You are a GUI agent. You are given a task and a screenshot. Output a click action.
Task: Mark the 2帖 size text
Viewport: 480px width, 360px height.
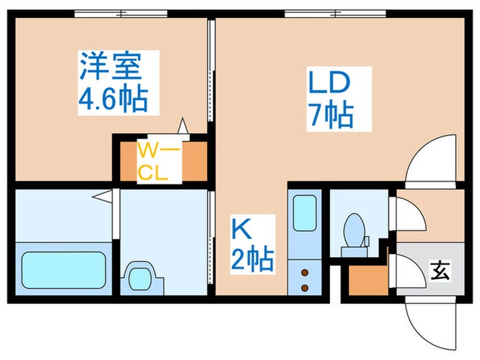(252, 260)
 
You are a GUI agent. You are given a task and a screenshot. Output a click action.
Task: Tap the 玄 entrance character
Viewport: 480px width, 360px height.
(440, 270)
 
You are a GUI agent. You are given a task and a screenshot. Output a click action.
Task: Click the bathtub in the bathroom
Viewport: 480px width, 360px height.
(64, 269)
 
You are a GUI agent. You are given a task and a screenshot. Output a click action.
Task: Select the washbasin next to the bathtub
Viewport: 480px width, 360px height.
(142, 278)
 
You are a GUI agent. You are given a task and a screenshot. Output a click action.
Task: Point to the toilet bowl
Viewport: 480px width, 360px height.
(355, 230)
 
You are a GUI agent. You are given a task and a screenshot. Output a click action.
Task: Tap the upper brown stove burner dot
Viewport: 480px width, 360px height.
(304, 272)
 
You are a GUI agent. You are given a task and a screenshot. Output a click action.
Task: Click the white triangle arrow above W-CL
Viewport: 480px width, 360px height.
(183, 126)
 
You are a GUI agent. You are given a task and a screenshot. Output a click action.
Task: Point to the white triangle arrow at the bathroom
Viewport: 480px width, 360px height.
(102, 197)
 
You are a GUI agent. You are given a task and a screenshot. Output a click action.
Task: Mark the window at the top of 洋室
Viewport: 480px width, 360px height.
(121, 12)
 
